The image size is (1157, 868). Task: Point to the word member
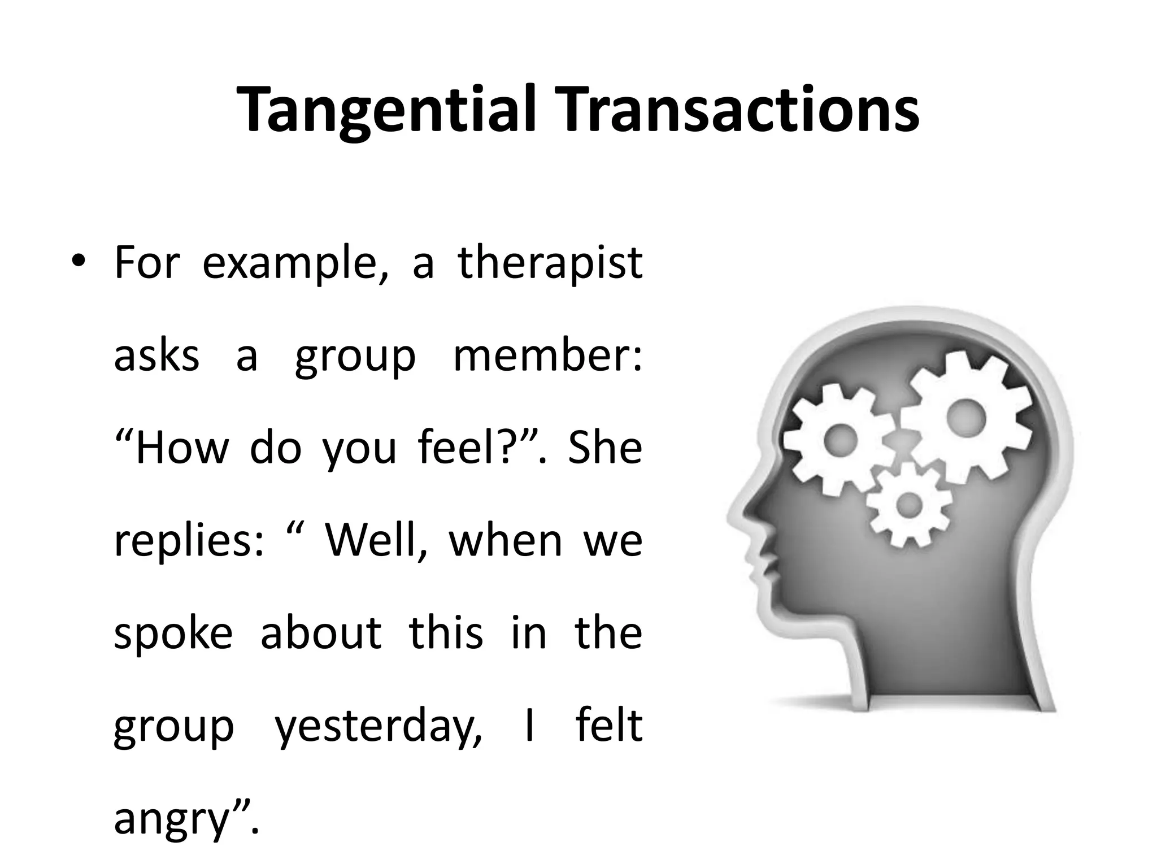coord(547,355)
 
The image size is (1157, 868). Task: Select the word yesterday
coord(379,726)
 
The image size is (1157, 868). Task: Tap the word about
coord(321,633)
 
